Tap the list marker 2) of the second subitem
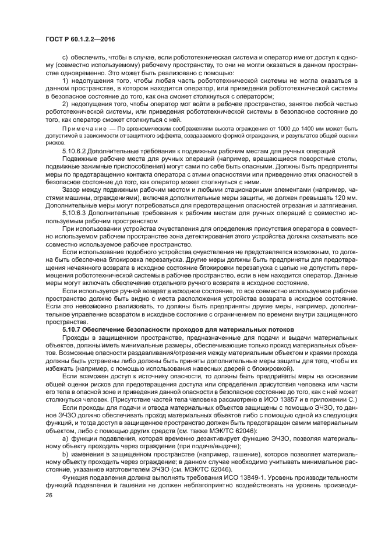coord(65,104)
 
